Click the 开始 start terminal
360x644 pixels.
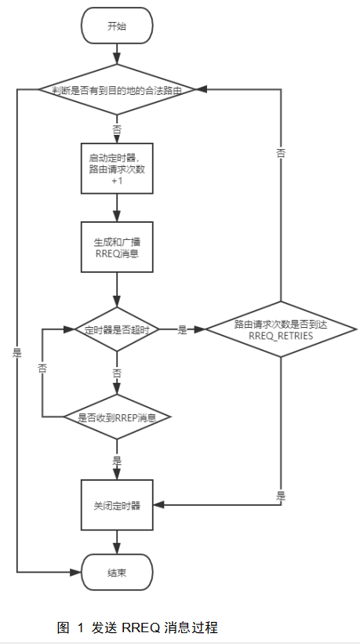coord(117,26)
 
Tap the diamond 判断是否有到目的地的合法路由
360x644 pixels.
coord(117,90)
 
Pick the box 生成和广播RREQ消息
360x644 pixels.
coord(117,248)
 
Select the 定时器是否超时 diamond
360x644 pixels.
coord(117,330)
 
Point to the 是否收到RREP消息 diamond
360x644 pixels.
coord(117,417)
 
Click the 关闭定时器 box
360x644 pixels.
coord(117,505)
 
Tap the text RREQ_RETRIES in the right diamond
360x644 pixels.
coord(280,335)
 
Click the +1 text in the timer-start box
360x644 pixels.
coord(117,180)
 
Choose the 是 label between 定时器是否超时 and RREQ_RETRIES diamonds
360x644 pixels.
coord(182,330)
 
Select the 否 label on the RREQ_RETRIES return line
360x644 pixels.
coord(280,154)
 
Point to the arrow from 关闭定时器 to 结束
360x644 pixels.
coord(117,540)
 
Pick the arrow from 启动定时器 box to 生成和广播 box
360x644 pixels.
coord(117,207)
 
